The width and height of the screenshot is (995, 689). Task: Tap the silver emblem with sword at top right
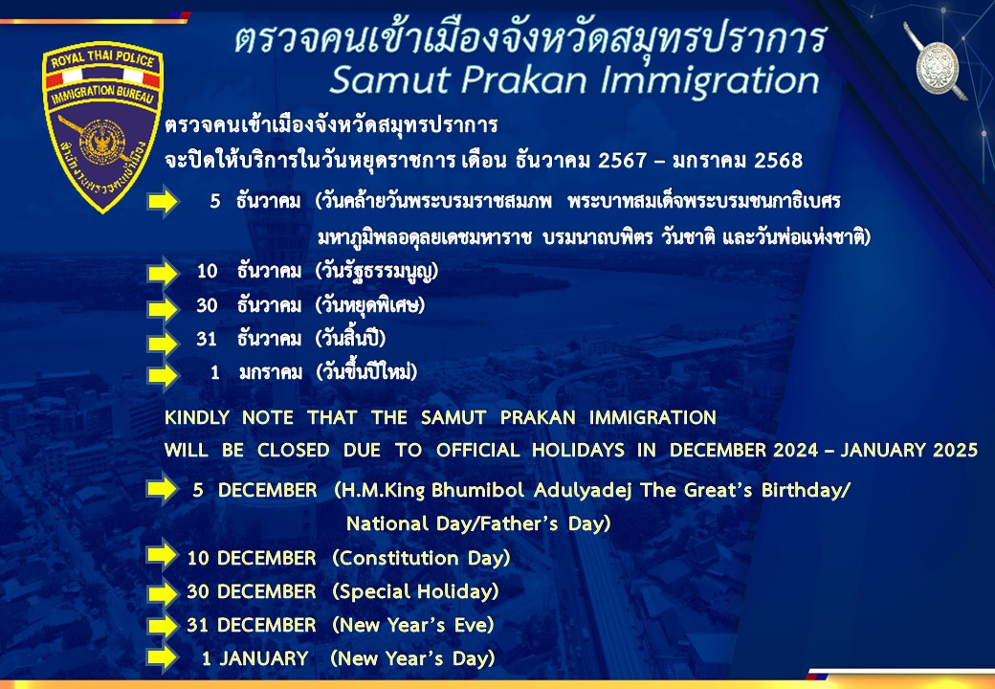click(x=937, y=63)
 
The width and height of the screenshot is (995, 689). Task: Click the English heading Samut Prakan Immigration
click(x=575, y=80)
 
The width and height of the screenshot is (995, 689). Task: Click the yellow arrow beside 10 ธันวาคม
click(x=163, y=273)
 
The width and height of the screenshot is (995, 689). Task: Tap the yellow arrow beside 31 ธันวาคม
click(x=163, y=344)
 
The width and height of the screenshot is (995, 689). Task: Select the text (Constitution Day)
click(x=421, y=558)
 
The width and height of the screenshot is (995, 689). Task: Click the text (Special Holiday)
click(x=415, y=592)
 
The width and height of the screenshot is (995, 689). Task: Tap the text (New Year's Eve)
click(x=413, y=625)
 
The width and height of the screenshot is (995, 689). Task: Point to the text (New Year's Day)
click(x=412, y=658)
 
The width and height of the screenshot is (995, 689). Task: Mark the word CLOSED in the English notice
click(x=293, y=450)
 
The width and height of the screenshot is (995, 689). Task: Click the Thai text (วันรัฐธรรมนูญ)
click(x=377, y=272)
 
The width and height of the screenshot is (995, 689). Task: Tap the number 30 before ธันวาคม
click(x=207, y=306)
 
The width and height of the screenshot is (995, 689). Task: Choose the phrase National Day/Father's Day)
click(x=478, y=524)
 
